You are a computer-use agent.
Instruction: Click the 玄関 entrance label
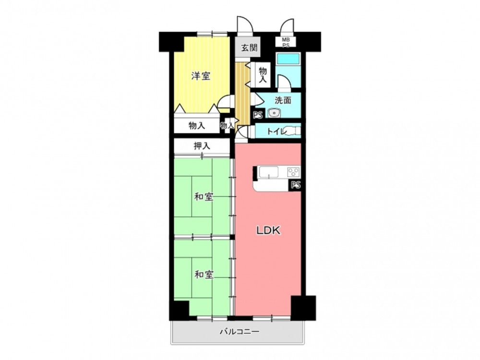pyautogui.click(x=249, y=48)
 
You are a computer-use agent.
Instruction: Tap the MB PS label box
pyautogui.click(x=285, y=42)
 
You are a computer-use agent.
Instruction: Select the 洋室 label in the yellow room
pyautogui.click(x=201, y=76)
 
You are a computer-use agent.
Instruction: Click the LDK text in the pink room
pyautogui.click(x=268, y=230)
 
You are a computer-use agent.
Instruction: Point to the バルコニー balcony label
pyautogui.click(x=240, y=331)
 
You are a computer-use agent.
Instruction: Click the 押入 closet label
pyautogui.click(x=202, y=146)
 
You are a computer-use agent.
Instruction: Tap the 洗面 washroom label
pyautogui.click(x=283, y=100)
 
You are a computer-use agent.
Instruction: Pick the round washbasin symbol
pyautogui.click(x=274, y=113)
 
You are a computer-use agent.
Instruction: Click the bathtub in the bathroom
pyautogui.click(x=288, y=59)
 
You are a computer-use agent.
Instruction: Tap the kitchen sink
pyautogui.click(x=269, y=172)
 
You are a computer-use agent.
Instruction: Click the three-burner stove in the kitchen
pyautogui.click(x=293, y=172)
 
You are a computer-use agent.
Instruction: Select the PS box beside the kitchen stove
pyautogui.click(x=295, y=185)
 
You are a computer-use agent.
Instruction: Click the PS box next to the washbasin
pyautogui.click(x=258, y=115)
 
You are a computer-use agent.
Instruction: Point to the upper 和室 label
pyautogui.click(x=204, y=197)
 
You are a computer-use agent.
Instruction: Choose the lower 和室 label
pyautogui.click(x=204, y=275)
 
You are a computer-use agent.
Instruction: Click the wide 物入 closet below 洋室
pyautogui.click(x=197, y=125)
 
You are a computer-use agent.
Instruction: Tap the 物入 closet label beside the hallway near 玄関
pyautogui.click(x=263, y=75)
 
